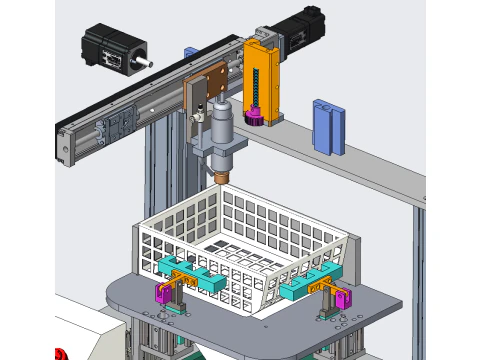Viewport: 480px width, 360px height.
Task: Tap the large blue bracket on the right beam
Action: tap(328, 126)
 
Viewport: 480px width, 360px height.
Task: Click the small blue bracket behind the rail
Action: tap(188, 56)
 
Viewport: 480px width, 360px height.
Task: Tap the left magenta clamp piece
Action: tap(160, 293)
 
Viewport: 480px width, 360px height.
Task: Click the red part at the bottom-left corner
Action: tap(60, 353)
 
